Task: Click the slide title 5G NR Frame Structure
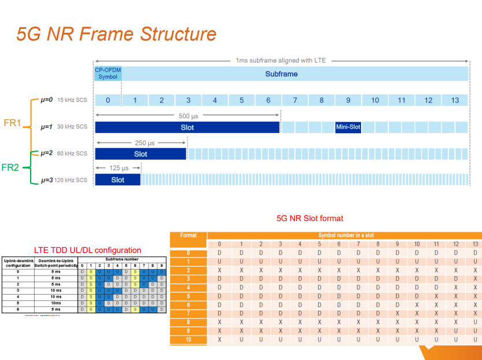coord(116,34)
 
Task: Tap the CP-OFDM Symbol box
coord(108,74)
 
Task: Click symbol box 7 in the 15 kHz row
coord(295,100)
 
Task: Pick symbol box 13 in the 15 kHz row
coord(455,100)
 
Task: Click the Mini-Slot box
coord(348,127)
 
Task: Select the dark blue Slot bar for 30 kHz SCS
coord(187,127)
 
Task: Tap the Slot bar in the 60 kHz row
coord(141,154)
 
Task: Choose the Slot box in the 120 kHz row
coord(118,180)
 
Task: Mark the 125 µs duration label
coord(118,168)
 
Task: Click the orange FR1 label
coord(11,123)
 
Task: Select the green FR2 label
coord(11,167)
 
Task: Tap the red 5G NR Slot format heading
coord(310,218)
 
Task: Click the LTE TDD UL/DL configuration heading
coord(87,250)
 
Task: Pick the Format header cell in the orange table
coord(189,236)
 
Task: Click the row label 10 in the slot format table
coord(189,340)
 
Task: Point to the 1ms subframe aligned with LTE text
coord(282,60)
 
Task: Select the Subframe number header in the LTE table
coord(122,259)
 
